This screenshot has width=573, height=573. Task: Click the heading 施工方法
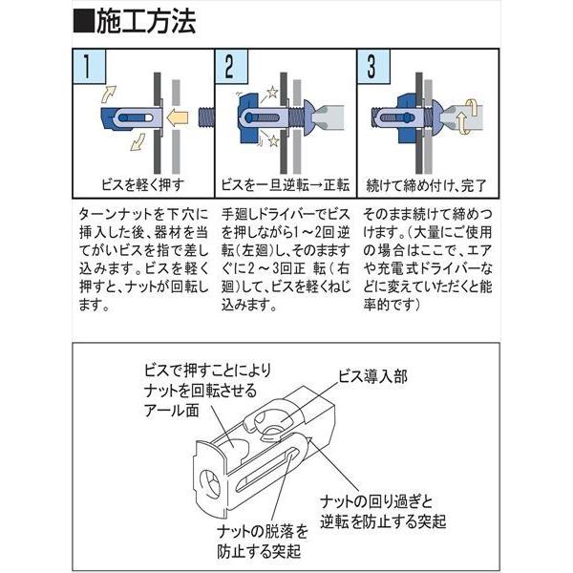pos(146,22)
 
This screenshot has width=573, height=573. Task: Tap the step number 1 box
pos(89,67)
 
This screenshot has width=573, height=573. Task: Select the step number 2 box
pos(231,67)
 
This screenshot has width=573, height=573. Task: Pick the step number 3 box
pos(373,67)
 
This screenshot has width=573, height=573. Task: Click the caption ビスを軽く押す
pos(143,185)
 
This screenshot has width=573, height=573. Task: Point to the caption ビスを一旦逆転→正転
pos(286,185)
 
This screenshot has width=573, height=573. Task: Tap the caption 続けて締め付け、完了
pos(427,185)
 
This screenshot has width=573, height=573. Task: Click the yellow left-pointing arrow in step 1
pos(177,118)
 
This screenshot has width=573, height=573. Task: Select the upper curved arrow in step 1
pos(108,95)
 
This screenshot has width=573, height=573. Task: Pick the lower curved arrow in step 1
pos(138,142)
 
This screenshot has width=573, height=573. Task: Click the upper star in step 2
pos(272,92)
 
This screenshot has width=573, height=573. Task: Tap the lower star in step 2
pos(274,140)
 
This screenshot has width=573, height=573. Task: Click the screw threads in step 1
pos(205,117)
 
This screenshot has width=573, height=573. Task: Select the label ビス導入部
pos(372,377)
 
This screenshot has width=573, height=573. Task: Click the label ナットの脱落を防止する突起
pos(263,541)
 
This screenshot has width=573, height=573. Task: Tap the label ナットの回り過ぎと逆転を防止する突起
pos(383,512)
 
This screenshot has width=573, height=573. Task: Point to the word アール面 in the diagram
pos(172,411)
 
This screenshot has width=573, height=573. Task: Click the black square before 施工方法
pos(84,23)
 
